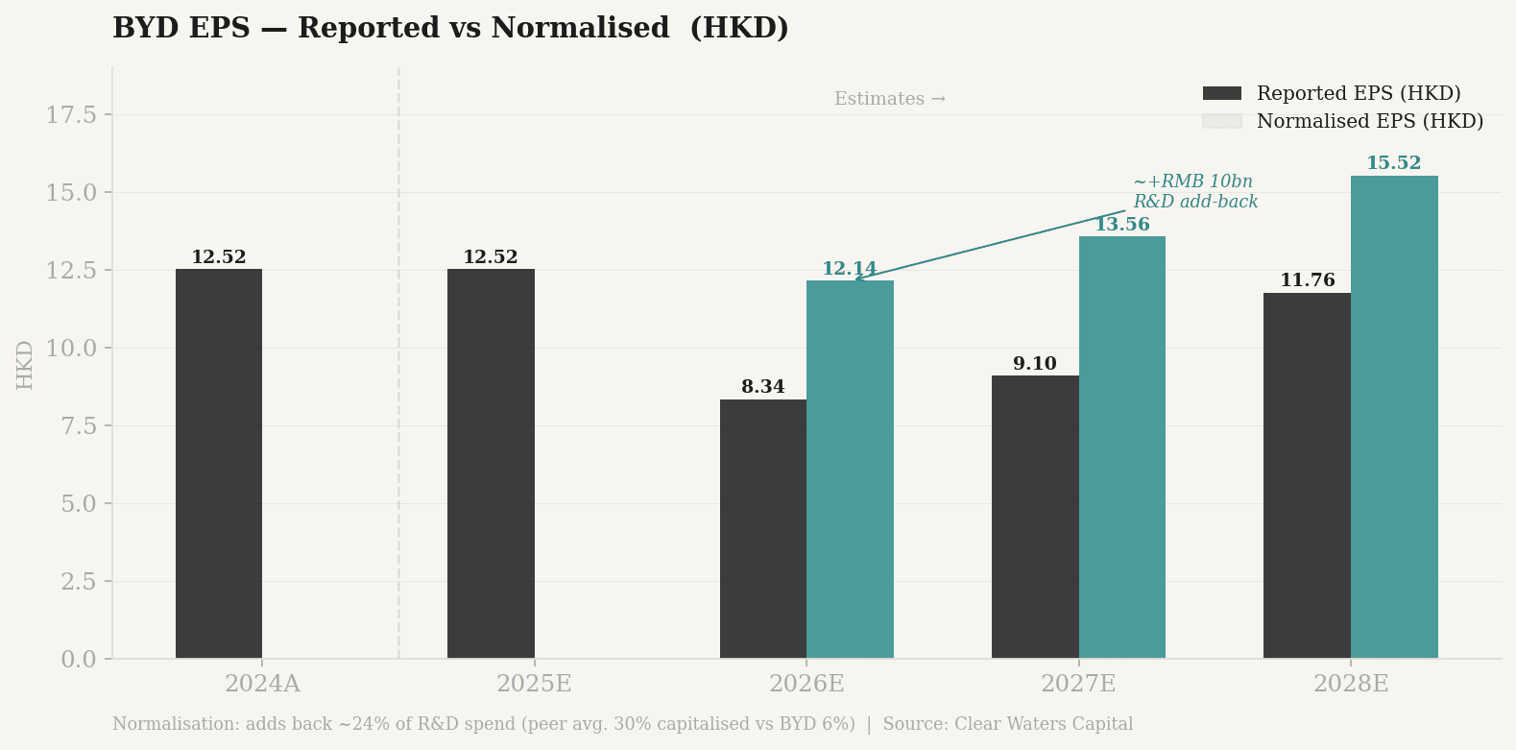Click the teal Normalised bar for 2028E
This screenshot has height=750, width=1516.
pyautogui.click(x=1394, y=417)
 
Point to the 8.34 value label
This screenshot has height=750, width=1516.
pyautogui.click(x=763, y=387)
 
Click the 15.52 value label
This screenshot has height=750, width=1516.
pyautogui.click(x=1393, y=163)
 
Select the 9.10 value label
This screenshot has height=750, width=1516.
pyautogui.click(x=1035, y=364)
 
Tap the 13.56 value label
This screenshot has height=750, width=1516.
pyautogui.click(x=1121, y=225)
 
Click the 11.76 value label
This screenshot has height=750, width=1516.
pyautogui.click(x=1307, y=280)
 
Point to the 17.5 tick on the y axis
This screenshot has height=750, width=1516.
pyautogui.click(x=72, y=115)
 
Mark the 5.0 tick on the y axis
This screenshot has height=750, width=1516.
pyautogui.click(x=78, y=503)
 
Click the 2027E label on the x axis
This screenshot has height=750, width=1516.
pyautogui.click(x=1078, y=684)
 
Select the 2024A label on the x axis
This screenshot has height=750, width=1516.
pyautogui.click(x=262, y=684)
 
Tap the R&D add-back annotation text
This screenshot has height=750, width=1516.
pyautogui.click(x=1195, y=192)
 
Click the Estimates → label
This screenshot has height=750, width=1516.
pyautogui.click(x=889, y=99)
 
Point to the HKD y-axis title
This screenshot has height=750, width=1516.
pyautogui.click(x=25, y=364)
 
